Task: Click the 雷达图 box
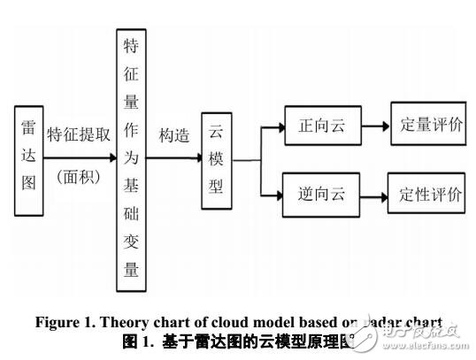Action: pyautogui.click(x=28, y=160)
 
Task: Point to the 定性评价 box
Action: pyautogui.click(x=426, y=194)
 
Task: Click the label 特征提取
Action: pyautogui.click(x=78, y=135)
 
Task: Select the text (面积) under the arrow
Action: pyautogui.click(x=78, y=176)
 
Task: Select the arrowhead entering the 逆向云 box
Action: pyautogui.click(x=280, y=194)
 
